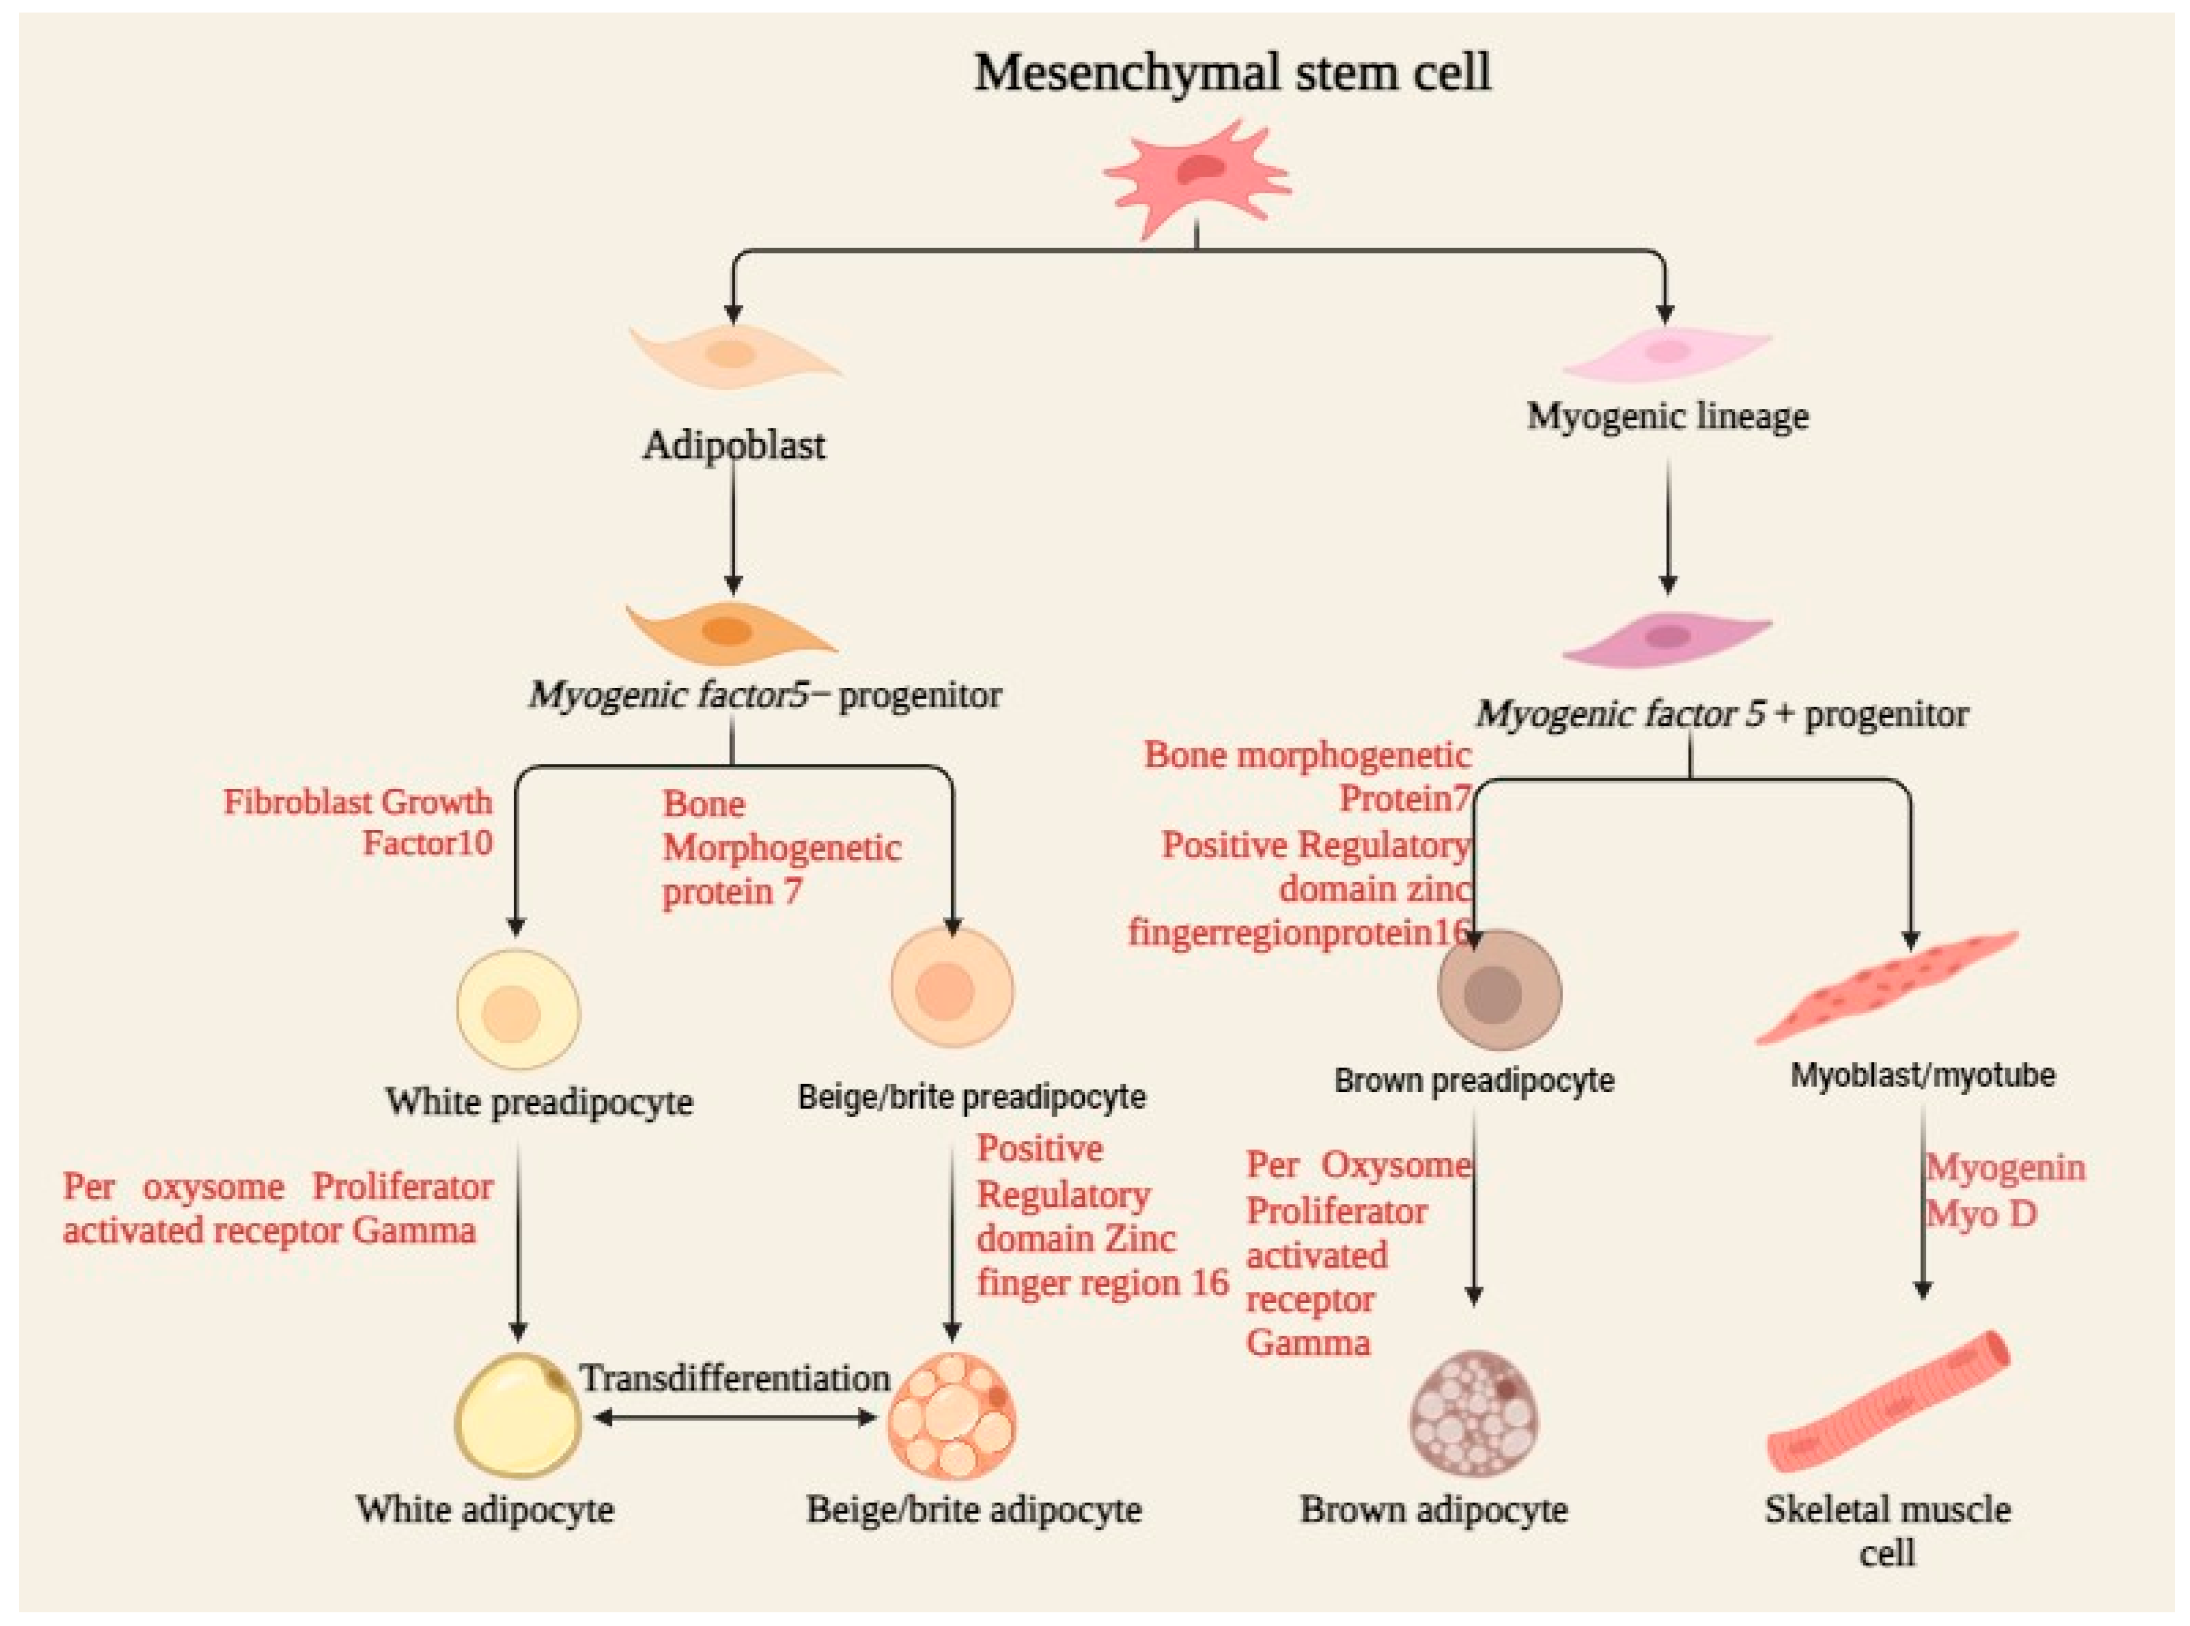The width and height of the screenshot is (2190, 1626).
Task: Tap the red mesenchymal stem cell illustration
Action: [x=1197, y=177]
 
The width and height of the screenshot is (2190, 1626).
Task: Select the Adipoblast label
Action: [x=733, y=446]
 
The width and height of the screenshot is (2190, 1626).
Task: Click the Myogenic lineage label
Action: [x=1668, y=416]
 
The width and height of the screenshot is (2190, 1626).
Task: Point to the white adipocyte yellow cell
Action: [x=518, y=1416]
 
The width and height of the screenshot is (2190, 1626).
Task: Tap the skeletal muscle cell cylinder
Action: [x=1888, y=1401]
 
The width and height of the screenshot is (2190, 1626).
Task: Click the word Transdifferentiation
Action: [x=734, y=1378]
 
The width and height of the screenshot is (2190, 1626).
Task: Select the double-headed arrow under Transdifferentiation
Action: [x=734, y=1417]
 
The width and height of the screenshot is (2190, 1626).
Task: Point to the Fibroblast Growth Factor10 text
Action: [x=358, y=822]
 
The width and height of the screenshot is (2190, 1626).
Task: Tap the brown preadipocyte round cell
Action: [x=1499, y=990]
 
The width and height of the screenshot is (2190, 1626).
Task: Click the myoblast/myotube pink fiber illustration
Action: [x=1886, y=987]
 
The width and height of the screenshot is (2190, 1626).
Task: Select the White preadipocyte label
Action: [x=538, y=1101]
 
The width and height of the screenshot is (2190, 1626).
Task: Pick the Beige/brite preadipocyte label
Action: [x=971, y=1097]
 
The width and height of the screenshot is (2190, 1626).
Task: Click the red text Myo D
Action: [x=1980, y=1214]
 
